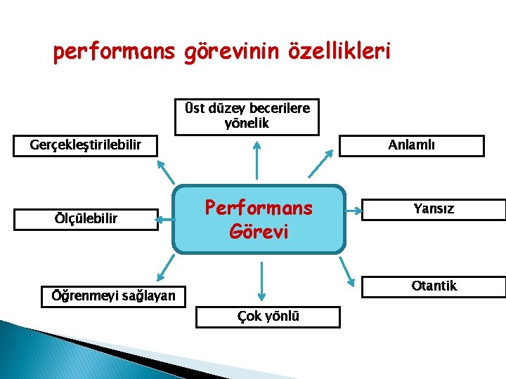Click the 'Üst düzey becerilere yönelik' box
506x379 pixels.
(x=247, y=117)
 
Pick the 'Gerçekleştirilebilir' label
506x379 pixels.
(x=86, y=145)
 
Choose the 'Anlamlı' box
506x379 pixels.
(x=412, y=145)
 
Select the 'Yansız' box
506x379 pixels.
(x=434, y=209)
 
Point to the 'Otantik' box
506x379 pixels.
(x=434, y=286)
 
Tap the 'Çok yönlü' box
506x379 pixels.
(x=268, y=317)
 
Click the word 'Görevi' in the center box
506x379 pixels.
(x=259, y=231)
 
